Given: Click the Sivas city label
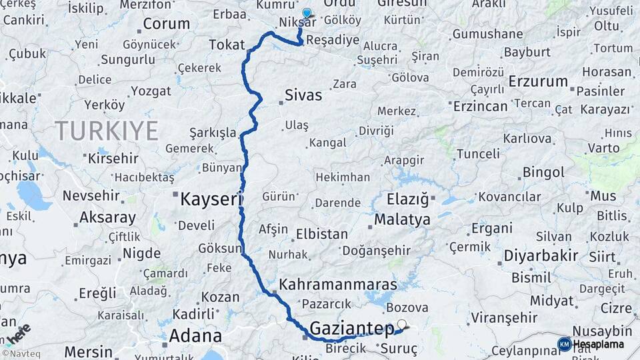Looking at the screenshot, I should [x=303, y=95].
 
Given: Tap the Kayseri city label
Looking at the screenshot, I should [x=211, y=198].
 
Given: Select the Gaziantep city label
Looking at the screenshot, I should [x=352, y=328].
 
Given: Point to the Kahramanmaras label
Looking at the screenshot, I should [x=338, y=284].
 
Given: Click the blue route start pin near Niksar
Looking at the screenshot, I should [x=307, y=13].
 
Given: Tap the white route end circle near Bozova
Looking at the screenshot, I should [x=401, y=324].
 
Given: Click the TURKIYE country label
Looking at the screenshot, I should [x=107, y=130].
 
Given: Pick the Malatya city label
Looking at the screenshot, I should [x=402, y=219].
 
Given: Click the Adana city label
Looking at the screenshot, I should [x=195, y=335].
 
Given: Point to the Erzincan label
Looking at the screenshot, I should [x=481, y=106].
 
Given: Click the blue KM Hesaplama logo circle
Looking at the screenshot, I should [x=564, y=344].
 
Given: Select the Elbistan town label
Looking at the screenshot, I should [x=322, y=234].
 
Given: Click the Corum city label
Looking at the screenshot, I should [x=166, y=24].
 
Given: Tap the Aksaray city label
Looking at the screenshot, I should [x=107, y=217].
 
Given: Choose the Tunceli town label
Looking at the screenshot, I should [x=477, y=154].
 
